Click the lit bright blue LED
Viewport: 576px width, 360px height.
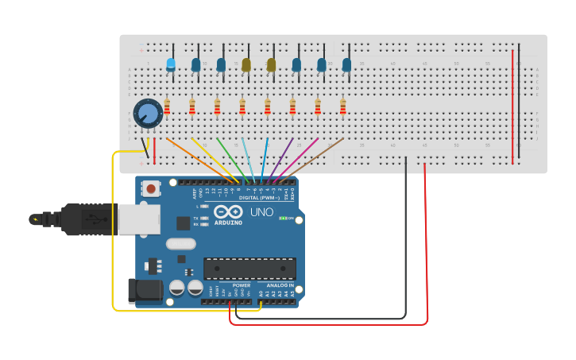click(x=171, y=64)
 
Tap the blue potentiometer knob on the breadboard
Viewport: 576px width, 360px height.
click(x=148, y=114)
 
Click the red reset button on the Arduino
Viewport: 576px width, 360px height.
click(x=150, y=188)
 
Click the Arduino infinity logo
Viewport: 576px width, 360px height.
click(x=228, y=212)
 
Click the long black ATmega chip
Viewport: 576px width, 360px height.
click(x=249, y=268)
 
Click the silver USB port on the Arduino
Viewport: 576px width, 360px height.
click(x=138, y=219)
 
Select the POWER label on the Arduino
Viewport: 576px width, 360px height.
click(x=242, y=285)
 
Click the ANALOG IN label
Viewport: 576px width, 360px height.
click(x=280, y=285)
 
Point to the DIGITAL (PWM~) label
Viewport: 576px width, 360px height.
click(x=259, y=197)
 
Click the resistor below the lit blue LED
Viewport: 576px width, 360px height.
click(x=167, y=106)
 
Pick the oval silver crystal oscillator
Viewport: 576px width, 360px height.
click(x=180, y=244)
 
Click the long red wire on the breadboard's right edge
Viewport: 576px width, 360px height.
click(x=512, y=107)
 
